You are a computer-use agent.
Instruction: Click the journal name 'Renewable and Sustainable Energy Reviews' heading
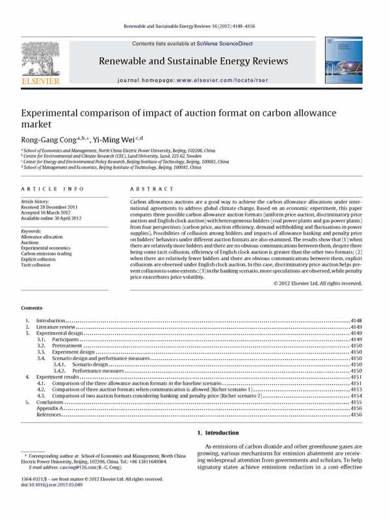point(193,61)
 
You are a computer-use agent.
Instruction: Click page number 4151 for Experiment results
point(356,376)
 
